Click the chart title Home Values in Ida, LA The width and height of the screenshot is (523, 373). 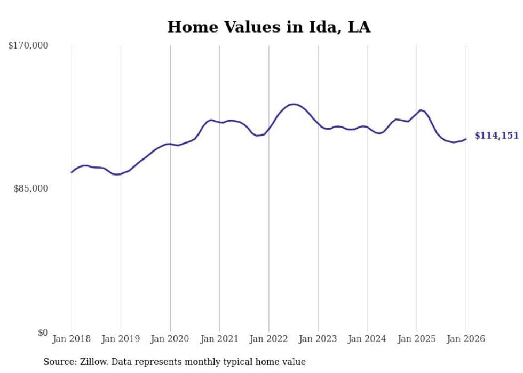coord(268,27)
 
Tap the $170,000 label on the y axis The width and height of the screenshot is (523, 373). coord(28,46)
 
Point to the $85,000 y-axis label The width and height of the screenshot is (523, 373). coord(30,188)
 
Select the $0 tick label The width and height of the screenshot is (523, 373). coord(43,332)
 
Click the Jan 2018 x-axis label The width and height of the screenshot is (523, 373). coord(72,339)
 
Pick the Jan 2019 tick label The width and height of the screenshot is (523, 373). coord(121,339)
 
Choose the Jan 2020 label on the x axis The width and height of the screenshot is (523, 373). coord(170,339)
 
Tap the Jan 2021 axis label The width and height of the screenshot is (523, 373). coord(219,339)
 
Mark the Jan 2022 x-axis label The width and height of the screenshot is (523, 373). coord(269,339)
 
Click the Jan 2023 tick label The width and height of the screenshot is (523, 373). coord(318,339)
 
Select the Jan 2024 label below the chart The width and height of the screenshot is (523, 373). coord(368,339)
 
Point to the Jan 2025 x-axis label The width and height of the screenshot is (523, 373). coord(417,339)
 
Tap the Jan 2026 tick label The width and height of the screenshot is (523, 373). coord(466,339)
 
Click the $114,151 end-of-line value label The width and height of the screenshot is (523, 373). coord(496,136)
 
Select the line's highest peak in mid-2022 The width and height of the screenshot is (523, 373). coord(293,104)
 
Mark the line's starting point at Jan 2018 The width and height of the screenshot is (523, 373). coord(72,172)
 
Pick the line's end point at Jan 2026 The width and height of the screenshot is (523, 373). coord(466,139)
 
